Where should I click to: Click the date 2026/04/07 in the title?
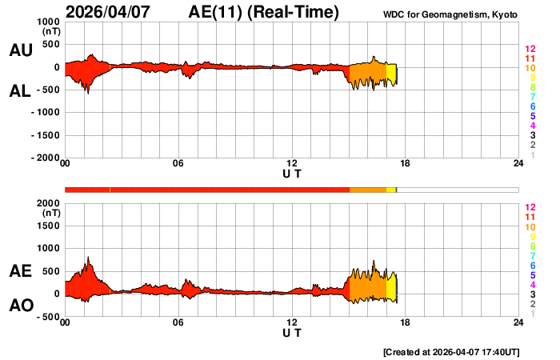[x=113, y=12]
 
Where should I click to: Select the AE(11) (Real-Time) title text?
[x=264, y=12]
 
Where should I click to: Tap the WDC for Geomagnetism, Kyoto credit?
[x=450, y=14]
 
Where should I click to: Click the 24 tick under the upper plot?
[x=518, y=164]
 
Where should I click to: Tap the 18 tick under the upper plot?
[x=405, y=164]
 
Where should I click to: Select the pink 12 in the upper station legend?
[x=529, y=50]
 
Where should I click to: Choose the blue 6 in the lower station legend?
[x=532, y=265]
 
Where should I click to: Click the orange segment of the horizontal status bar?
[x=368, y=190]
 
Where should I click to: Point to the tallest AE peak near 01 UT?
[x=88, y=258]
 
